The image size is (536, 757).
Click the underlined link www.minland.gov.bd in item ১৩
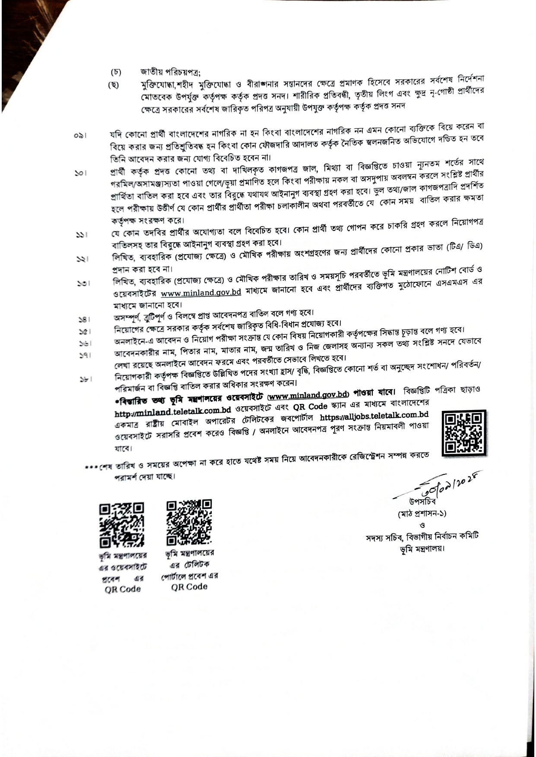(x=200, y=292)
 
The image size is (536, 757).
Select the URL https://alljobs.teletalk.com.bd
(x=374, y=416)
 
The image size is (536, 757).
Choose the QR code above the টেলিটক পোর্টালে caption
(x=189, y=522)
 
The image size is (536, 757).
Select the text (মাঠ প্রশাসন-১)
(x=422, y=514)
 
